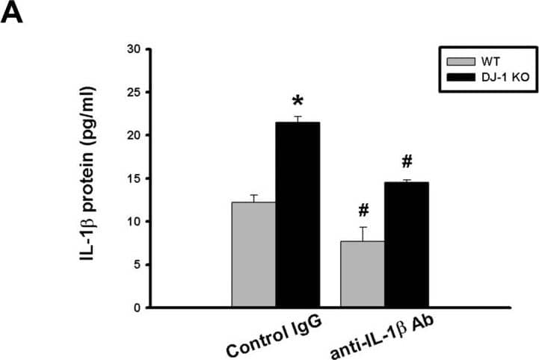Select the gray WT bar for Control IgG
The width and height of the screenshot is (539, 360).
tap(253, 254)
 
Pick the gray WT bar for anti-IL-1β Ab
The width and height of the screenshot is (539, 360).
tap(363, 273)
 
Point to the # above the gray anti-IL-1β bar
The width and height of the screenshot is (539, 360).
tap(363, 211)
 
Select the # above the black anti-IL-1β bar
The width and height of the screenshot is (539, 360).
tap(407, 162)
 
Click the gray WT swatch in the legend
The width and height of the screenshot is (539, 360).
tap(456, 60)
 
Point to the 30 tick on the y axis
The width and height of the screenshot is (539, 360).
tap(134, 49)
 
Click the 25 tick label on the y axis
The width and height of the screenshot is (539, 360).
tap(134, 93)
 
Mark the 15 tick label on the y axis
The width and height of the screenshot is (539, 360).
tap(134, 179)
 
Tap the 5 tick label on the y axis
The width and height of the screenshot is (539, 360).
tap(137, 264)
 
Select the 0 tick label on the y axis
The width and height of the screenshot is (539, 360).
tap(137, 308)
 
